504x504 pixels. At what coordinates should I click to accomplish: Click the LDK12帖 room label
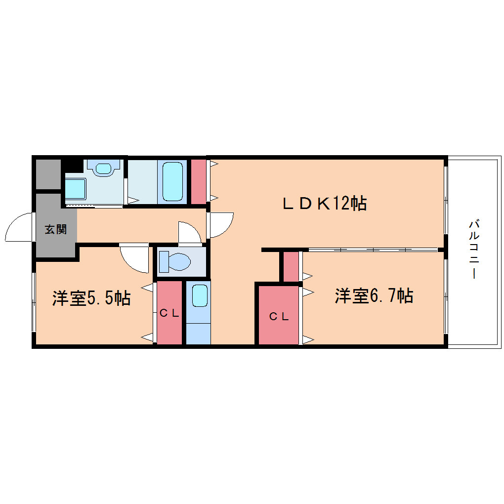click(325, 203)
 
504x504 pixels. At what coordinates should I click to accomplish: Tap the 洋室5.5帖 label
click(91, 298)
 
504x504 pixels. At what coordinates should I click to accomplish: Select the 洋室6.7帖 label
click(374, 295)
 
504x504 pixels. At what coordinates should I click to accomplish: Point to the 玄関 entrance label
click(56, 229)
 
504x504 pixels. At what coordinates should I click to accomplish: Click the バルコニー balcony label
click(474, 249)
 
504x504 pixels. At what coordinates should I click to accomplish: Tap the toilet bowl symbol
click(175, 261)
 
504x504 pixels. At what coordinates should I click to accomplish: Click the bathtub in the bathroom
click(172, 182)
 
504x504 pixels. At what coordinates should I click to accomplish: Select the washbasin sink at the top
click(103, 168)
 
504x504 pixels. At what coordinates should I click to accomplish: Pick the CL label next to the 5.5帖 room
click(169, 313)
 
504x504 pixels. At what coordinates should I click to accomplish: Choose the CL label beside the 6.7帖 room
click(279, 317)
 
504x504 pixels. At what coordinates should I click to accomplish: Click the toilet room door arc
click(190, 232)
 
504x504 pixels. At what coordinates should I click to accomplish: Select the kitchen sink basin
click(200, 295)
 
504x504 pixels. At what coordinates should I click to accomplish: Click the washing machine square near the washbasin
click(75, 189)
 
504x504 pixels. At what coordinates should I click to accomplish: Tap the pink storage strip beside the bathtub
click(199, 182)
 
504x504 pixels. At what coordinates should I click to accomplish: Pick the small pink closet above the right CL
click(291, 266)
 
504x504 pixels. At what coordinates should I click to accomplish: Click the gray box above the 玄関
click(48, 174)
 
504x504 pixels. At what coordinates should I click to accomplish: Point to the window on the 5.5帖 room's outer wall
click(34, 302)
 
